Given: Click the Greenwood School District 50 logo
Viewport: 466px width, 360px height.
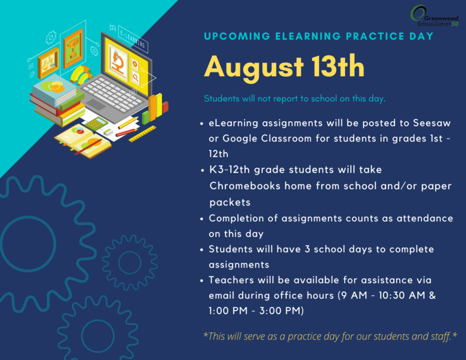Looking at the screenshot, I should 436,14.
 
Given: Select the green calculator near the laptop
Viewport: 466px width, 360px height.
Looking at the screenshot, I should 96,123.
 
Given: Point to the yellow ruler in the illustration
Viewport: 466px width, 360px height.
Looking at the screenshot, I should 143,134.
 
